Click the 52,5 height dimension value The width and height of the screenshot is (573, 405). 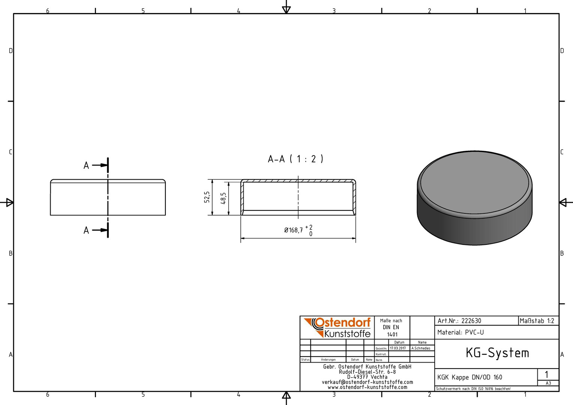click(207, 197)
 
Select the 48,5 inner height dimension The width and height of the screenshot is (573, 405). click(223, 198)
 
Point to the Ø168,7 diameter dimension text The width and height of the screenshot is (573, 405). click(293, 230)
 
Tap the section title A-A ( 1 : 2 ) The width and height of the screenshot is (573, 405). click(295, 159)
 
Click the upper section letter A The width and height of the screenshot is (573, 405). click(86, 165)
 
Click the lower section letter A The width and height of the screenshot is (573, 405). click(86, 230)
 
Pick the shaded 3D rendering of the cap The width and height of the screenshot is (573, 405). click(474, 198)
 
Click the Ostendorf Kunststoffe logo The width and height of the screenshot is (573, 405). click(337, 327)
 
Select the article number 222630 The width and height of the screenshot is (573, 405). click(471, 321)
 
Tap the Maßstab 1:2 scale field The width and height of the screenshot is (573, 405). click(537, 321)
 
